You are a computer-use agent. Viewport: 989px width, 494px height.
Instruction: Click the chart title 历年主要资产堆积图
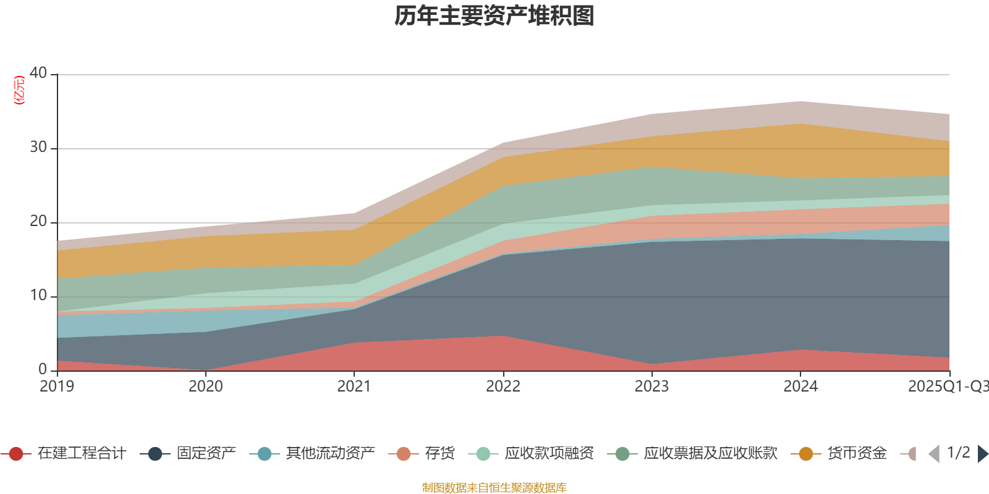[494, 16]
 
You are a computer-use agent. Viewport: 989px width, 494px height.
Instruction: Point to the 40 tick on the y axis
[38, 73]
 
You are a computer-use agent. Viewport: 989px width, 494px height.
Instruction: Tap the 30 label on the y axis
[38, 147]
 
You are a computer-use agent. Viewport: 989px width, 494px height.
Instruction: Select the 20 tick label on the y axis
[38, 221]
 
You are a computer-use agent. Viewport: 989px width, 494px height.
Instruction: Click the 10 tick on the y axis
[38, 295]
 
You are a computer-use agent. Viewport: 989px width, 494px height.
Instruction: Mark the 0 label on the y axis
[43, 369]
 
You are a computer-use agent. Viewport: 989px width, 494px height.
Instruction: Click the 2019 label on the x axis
[57, 387]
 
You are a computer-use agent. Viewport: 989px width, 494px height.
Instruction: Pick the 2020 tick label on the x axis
[205, 387]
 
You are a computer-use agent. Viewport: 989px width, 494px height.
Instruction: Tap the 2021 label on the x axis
[354, 387]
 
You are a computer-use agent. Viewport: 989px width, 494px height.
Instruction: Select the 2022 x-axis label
[503, 387]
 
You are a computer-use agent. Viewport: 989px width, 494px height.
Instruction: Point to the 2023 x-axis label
[652, 387]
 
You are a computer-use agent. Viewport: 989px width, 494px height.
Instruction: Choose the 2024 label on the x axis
[800, 387]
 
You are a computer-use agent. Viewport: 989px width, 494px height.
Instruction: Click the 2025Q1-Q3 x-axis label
[947, 387]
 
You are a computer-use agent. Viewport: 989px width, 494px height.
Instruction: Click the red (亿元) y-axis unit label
[19, 90]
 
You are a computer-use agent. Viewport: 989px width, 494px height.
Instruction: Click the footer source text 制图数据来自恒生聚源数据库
[494, 488]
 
